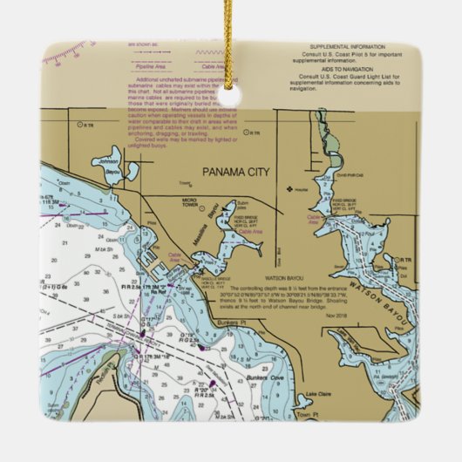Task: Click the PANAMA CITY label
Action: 235,172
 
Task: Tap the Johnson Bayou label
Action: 106,164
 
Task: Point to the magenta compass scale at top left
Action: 65,51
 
